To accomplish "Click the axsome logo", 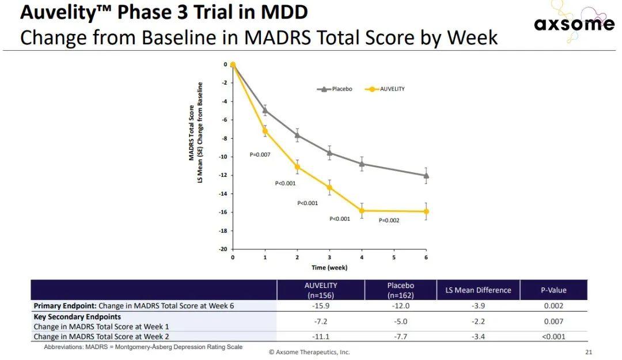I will pos(574,24).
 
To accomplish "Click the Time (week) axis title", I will pos(329,267).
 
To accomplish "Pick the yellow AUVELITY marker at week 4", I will pos(362,211).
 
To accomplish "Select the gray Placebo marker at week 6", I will pos(426,176).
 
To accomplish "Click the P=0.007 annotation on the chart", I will pos(260,154).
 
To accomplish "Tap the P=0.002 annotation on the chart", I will pos(389,220).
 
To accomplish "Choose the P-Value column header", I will pos(553,290).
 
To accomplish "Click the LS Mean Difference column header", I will pos(478,290).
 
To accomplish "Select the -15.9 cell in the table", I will pos(320,306).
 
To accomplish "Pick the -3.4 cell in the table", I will pos(478,336).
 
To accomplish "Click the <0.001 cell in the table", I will pos(553,336).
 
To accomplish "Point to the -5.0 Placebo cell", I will pos(401,321).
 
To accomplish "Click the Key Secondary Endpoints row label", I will pos(77,317).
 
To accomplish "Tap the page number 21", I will pos(588,352).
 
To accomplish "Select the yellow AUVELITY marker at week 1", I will pos(265,131).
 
